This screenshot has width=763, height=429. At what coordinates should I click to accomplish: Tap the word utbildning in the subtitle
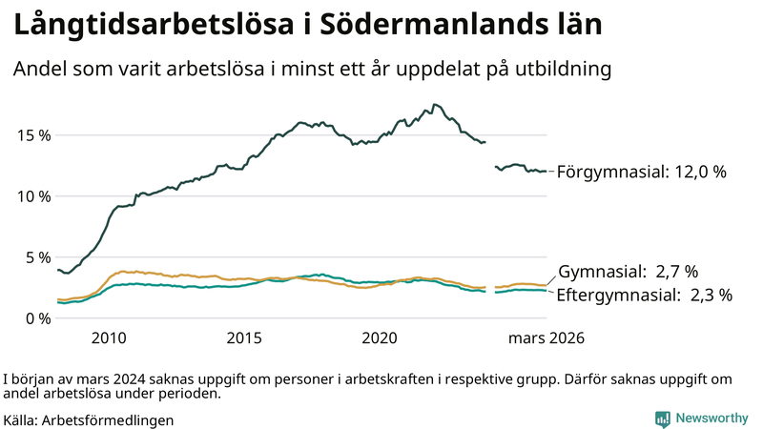click(557, 70)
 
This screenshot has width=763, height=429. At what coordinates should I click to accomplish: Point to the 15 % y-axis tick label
click(33, 135)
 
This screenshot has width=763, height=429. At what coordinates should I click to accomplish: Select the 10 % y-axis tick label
click(33, 196)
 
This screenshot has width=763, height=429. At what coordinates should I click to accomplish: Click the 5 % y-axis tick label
click(37, 257)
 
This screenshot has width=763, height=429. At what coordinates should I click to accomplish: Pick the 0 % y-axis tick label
click(37, 318)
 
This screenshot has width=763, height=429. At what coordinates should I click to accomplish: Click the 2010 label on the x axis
click(109, 338)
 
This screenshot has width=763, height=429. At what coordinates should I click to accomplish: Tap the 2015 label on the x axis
click(244, 338)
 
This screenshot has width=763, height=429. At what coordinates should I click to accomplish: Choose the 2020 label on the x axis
click(380, 338)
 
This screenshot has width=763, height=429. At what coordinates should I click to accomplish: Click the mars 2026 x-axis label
click(546, 338)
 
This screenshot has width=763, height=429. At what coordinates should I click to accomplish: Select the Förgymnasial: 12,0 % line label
click(641, 173)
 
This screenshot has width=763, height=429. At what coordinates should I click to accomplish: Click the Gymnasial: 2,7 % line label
click(628, 272)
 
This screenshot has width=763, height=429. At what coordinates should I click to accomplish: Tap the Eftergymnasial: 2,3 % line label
click(644, 296)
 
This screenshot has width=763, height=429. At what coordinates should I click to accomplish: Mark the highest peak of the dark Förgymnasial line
click(434, 105)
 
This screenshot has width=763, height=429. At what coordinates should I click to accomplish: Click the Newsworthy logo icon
click(662, 419)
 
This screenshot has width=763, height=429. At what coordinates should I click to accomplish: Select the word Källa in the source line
click(20, 419)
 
